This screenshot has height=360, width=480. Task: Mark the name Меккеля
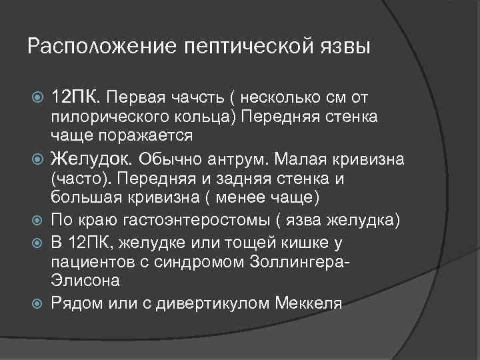[x=309, y=304]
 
